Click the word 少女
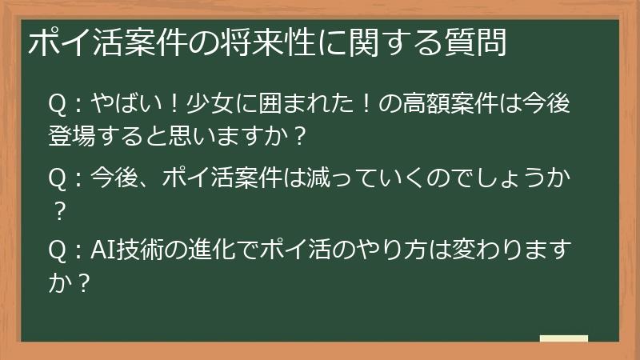[x=202, y=105]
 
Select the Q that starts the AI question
[x=57, y=250]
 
